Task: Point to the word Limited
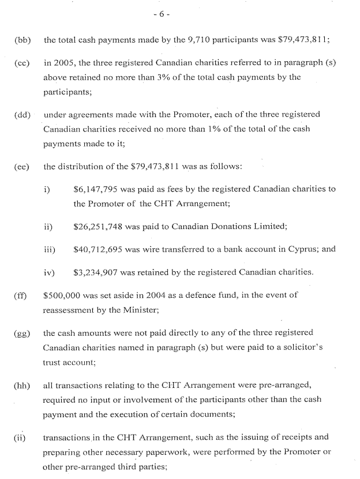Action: (269, 226)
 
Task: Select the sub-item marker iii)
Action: (50, 249)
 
